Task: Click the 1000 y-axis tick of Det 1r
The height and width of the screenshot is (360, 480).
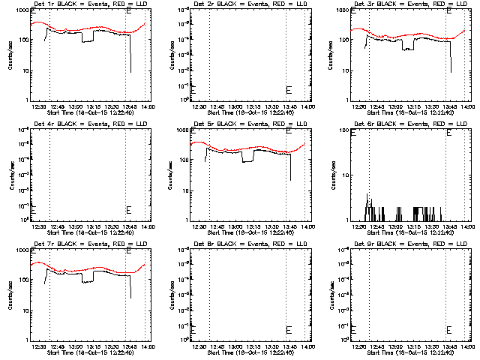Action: (x=21, y=11)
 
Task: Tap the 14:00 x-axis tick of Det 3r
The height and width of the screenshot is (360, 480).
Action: (x=469, y=106)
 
